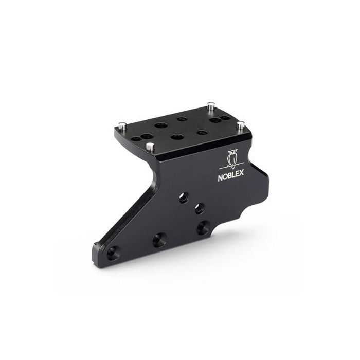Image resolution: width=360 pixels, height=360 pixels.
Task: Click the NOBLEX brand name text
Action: click(231, 177)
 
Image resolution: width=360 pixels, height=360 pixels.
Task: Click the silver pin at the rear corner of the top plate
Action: click(210, 106)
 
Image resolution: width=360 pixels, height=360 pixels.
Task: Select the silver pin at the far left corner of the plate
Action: click(122, 126)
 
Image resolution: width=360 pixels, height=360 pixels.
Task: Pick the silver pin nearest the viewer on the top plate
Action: click(150, 147)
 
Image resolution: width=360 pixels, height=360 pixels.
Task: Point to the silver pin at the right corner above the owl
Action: click(240, 125)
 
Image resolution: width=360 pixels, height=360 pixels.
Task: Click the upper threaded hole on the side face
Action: click(184, 197)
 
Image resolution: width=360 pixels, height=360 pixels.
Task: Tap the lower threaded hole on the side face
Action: click(200, 209)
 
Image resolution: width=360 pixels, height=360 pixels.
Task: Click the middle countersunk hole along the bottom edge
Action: click(159, 240)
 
